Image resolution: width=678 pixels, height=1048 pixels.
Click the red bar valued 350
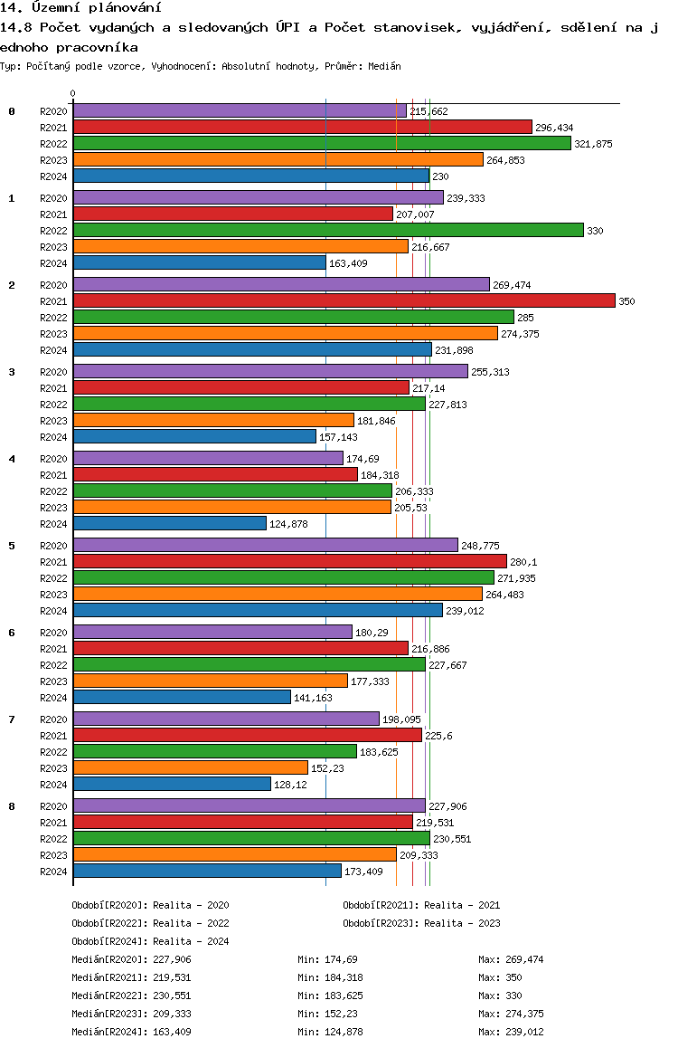[344, 301]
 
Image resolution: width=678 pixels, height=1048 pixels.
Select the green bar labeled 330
[328, 231]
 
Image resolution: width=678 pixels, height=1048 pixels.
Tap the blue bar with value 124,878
[170, 524]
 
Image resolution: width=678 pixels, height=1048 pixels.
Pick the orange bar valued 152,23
[191, 768]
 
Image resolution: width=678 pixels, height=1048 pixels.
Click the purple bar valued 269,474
[282, 285]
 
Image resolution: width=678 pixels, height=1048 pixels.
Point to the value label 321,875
[593, 144]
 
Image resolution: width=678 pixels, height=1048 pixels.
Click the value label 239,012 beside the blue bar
[466, 611]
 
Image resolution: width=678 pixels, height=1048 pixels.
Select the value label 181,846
[376, 421]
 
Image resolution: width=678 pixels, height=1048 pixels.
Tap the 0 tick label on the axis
[72, 93]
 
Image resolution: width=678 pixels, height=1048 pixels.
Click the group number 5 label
[12, 546]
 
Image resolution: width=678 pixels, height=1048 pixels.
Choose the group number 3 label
[12, 372]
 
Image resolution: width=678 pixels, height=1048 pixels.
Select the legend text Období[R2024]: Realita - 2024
[150, 941]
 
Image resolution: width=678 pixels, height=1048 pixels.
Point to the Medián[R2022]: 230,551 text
[131, 996]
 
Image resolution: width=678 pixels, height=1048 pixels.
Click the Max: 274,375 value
[511, 1014]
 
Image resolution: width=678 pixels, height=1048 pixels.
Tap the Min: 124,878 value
[330, 1032]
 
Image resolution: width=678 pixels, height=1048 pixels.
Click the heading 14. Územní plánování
[80, 8]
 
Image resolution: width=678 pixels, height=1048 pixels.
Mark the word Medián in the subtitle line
[384, 66]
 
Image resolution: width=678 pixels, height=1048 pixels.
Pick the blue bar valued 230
[251, 176]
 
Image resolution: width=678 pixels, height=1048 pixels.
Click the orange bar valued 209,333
[235, 855]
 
